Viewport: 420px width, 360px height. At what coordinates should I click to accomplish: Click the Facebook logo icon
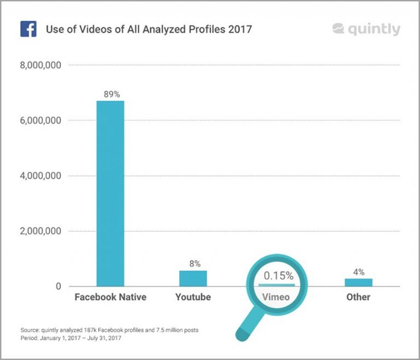(28, 28)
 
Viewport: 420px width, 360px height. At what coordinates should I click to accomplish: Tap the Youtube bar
(193, 278)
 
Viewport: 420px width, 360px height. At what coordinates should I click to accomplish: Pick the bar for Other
(358, 282)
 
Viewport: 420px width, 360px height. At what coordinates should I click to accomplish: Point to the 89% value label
(110, 94)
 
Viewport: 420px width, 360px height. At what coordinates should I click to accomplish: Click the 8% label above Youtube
(193, 263)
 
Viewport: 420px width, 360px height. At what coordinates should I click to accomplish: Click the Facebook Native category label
(110, 297)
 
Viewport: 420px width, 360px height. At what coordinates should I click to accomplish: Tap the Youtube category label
(193, 297)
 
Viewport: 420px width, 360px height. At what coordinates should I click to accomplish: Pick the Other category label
(358, 297)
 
